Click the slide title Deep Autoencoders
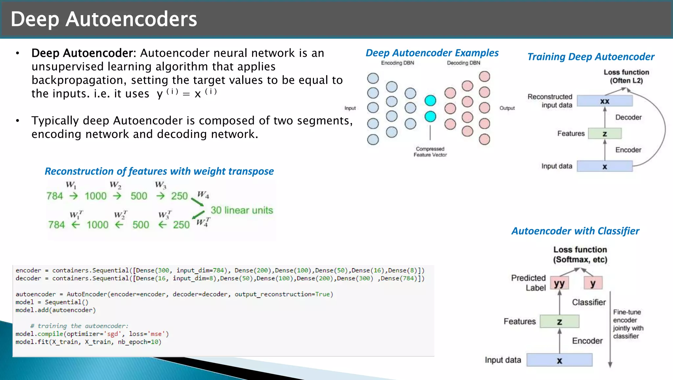point(104,19)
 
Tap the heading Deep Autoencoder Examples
point(432,53)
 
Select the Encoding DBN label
point(397,63)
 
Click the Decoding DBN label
point(463,63)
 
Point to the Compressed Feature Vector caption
point(430,152)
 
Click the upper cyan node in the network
point(430,101)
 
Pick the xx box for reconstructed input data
point(605,101)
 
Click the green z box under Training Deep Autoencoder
point(605,134)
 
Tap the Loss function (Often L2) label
point(626,76)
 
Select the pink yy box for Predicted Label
point(559,283)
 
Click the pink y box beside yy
point(593,283)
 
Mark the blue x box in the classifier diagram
point(559,360)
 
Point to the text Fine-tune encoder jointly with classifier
point(628,324)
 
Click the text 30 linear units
point(242,210)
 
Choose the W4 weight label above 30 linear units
point(203,195)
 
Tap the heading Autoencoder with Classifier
point(575,231)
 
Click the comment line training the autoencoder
point(79,326)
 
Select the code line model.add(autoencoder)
point(56,310)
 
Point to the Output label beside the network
point(507,108)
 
